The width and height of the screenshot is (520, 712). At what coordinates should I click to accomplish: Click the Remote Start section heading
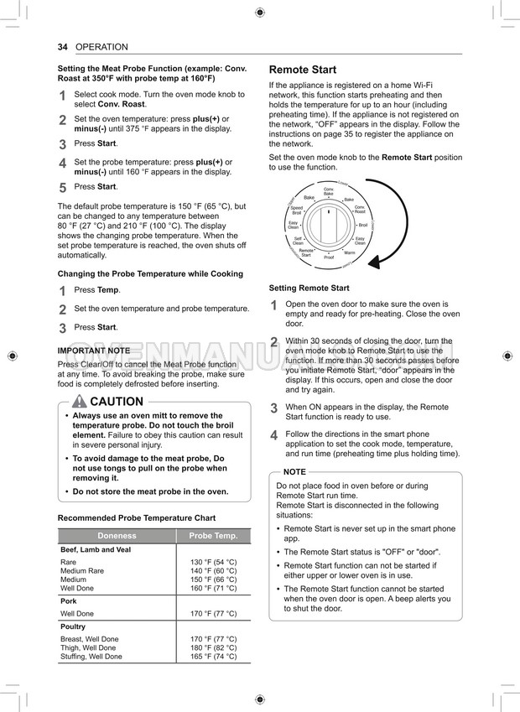click(x=302, y=70)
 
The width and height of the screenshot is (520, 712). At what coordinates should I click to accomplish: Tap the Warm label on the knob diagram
click(x=349, y=252)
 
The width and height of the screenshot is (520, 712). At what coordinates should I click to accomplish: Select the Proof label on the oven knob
click(x=329, y=257)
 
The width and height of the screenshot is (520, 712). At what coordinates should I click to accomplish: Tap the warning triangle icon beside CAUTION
click(x=80, y=401)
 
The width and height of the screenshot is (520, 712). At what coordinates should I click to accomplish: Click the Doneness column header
click(x=117, y=536)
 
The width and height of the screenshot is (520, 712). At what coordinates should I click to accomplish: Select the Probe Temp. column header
click(x=213, y=536)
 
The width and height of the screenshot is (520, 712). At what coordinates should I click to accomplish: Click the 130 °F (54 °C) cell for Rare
click(x=213, y=562)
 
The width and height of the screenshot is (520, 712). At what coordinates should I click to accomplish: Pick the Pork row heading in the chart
click(x=69, y=601)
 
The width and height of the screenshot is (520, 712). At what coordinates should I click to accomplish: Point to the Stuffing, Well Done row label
click(x=91, y=657)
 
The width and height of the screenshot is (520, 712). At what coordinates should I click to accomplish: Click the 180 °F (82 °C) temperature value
click(x=213, y=648)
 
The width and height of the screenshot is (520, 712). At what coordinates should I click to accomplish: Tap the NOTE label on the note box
click(x=294, y=472)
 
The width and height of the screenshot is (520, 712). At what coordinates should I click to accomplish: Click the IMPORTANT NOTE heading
click(x=93, y=351)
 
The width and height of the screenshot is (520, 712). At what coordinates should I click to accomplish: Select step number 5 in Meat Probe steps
click(x=62, y=188)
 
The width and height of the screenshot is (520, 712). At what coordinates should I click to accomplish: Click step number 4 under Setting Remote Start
click(x=273, y=435)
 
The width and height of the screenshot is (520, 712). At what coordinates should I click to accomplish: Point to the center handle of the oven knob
click(x=328, y=225)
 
